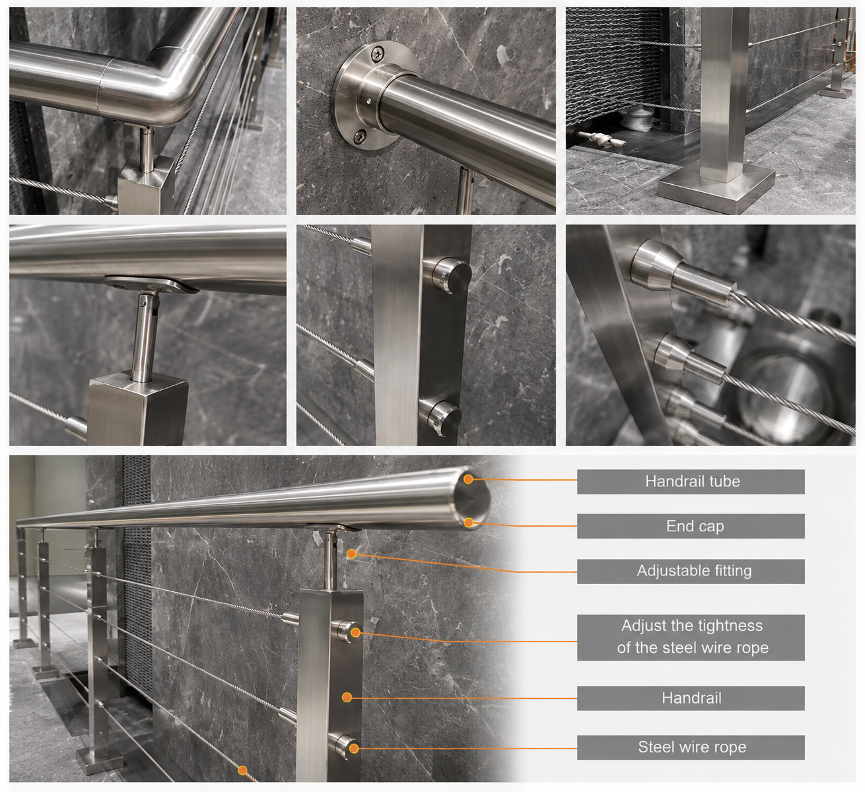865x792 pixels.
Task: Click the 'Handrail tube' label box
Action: [x=691, y=482]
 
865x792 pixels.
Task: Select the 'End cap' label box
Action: [x=691, y=526]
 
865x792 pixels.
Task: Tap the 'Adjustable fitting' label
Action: [x=691, y=572]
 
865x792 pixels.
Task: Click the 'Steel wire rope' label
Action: [x=691, y=747]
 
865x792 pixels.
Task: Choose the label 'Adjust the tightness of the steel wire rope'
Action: [x=691, y=637]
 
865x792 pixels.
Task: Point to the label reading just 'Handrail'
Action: [x=691, y=698]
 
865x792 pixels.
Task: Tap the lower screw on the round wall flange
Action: [x=359, y=137]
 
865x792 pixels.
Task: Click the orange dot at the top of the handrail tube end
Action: [x=468, y=478]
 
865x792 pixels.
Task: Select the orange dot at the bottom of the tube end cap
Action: [x=469, y=523]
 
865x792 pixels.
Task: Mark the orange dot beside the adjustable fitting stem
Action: [x=352, y=554]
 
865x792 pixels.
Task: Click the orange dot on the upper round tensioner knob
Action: [x=355, y=632]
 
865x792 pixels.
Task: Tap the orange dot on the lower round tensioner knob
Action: [x=353, y=748]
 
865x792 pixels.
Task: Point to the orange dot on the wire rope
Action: [x=243, y=770]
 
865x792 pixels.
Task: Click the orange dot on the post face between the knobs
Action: [x=347, y=697]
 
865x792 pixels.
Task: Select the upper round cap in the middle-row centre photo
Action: [x=452, y=275]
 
